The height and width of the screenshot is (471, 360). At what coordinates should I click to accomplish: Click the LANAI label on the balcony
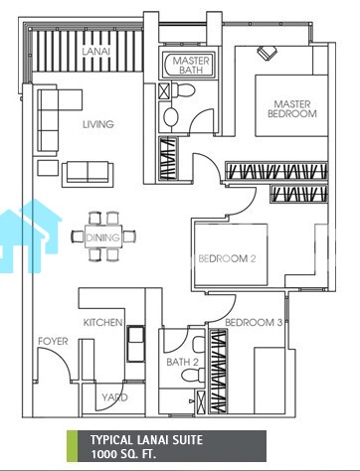(96, 52)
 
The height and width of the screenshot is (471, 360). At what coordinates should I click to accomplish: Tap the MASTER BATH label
(191, 65)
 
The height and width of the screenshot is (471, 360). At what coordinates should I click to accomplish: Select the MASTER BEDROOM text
(291, 109)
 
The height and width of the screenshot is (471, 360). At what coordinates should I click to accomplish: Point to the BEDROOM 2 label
(227, 258)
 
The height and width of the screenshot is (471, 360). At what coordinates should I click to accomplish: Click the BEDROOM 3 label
(254, 322)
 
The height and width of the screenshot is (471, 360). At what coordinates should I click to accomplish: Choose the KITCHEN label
(102, 322)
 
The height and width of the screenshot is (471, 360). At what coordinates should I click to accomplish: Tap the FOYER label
(53, 341)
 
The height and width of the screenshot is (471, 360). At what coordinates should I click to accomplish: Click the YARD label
(114, 397)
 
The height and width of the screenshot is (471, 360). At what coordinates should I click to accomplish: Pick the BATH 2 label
(182, 362)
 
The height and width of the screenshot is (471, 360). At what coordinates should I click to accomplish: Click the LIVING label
(98, 124)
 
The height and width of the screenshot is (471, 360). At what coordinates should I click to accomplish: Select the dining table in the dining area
(103, 236)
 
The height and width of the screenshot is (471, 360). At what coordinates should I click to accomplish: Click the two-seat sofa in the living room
(88, 172)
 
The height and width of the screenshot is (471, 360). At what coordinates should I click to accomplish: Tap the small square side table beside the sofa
(48, 168)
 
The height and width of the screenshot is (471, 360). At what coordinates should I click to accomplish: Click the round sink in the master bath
(171, 116)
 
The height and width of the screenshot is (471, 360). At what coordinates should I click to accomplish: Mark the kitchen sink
(136, 343)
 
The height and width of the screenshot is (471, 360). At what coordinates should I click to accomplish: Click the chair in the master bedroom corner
(267, 53)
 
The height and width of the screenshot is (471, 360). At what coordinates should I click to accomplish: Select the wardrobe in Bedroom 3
(219, 371)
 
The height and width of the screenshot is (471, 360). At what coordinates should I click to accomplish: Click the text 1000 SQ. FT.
(123, 454)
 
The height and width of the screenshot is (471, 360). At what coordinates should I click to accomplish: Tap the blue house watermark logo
(30, 235)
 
